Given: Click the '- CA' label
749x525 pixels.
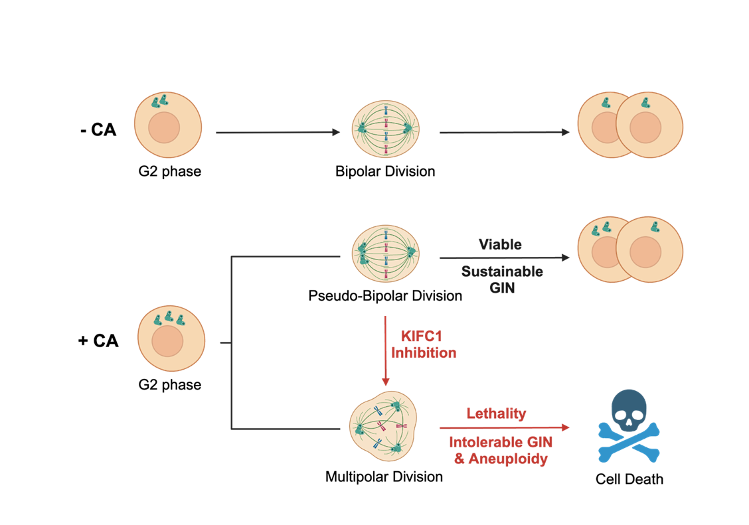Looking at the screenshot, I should pos(97,130).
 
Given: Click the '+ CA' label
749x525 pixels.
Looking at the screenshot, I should pos(98,341).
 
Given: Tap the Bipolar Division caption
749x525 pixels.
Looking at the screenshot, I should pos(385,171).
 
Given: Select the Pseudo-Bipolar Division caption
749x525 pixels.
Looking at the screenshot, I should pos(385,295).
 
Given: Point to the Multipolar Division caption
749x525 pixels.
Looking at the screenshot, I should pos(384,476).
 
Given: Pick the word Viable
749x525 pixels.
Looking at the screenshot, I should pos(500,244).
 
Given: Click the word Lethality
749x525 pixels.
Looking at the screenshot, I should pos(496,413).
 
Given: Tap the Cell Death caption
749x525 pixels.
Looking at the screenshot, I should pos(629,479).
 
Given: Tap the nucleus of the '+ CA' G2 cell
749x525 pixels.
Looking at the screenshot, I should pos(167,343).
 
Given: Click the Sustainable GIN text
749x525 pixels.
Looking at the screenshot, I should pos(502,279).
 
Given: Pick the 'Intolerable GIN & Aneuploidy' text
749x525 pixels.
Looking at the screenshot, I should pos(501,450).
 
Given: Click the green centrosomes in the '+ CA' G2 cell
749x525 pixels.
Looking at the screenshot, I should pos(169,319).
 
